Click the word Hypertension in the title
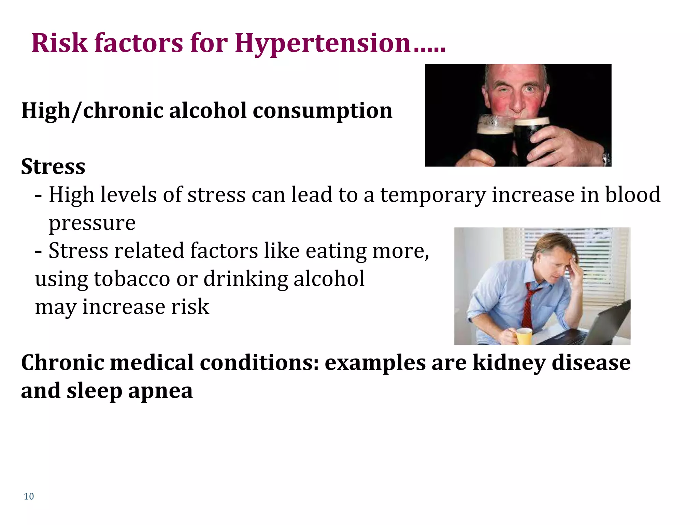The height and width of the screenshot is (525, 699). click(323, 44)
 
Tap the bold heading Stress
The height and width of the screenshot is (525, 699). click(53, 166)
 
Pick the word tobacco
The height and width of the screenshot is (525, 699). click(132, 279)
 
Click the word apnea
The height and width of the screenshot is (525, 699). click(160, 391)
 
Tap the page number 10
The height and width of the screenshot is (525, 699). click(29, 496)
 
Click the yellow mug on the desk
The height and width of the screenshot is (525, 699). click(523, 336)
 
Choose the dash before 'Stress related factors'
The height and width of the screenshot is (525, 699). click(39, 252)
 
